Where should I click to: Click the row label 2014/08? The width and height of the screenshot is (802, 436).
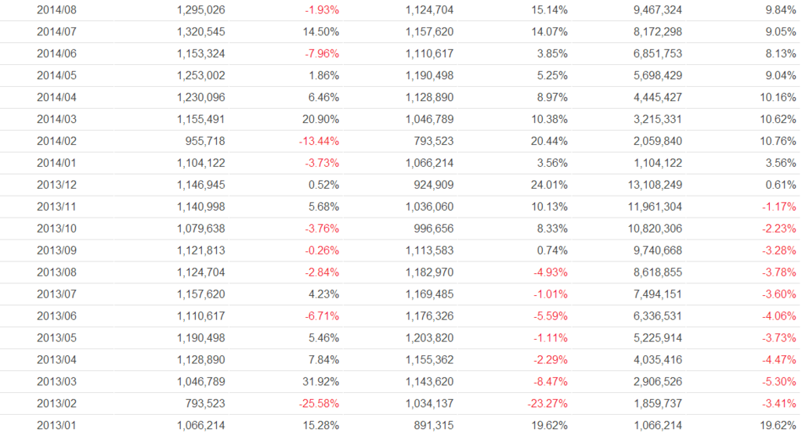coord(57,10)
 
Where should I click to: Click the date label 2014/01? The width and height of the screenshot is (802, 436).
coord(57,164)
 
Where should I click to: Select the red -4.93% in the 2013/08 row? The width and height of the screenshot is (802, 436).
coord(549,273)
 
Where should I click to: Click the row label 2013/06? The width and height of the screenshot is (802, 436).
coord(57,317)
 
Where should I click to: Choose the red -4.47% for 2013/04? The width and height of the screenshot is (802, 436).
coord(778,361)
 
